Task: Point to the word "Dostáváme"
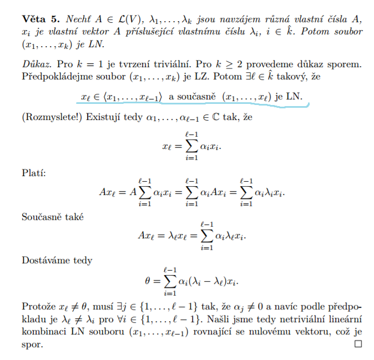pyautogui.click(x=43, y=259)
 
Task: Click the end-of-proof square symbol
pyautogui.click(x=358, y=344)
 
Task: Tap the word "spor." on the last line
pyautogui.click(x=32, y=345)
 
